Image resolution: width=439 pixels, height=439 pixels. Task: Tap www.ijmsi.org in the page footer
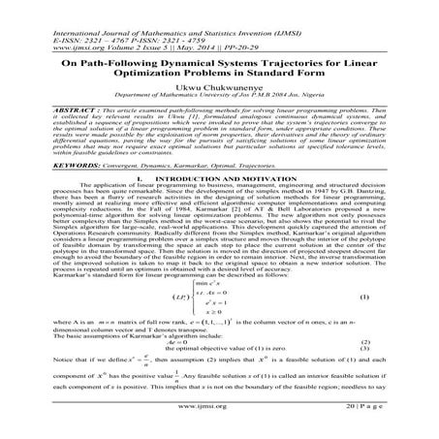[219, 423]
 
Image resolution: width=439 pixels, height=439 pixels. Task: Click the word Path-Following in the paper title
[110, 62]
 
